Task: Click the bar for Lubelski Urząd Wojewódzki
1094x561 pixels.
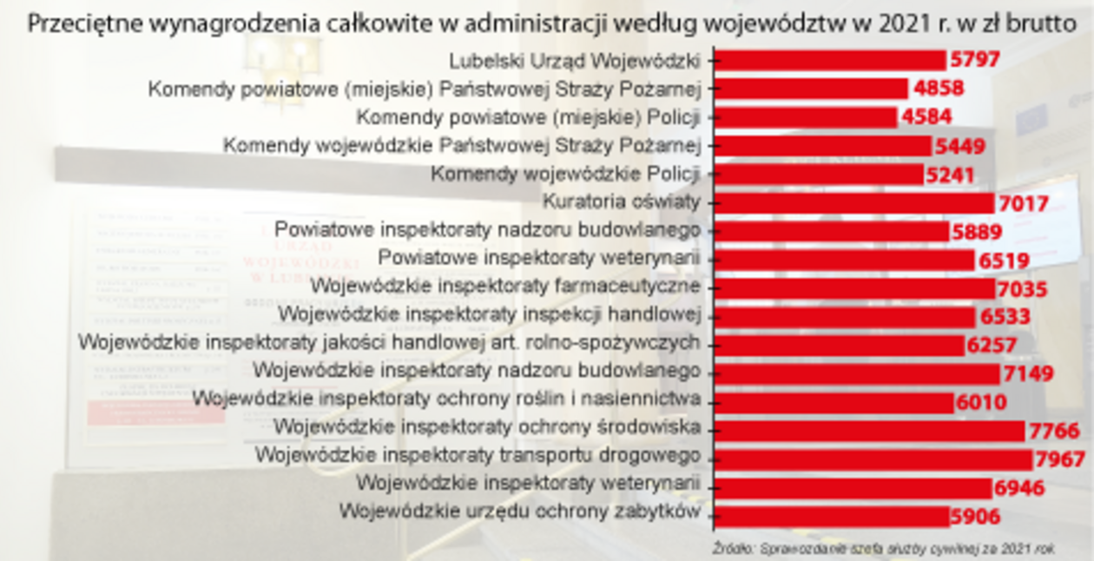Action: pos(830,60)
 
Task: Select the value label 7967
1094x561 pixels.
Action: pos(1059,459)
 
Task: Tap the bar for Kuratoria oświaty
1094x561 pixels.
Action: pos(854,202)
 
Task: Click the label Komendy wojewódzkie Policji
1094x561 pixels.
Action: pos(565,175)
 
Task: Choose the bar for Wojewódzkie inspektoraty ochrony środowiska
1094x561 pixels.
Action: pos(870,430)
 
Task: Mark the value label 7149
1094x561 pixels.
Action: pos(1027,373)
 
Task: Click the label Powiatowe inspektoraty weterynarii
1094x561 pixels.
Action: pos(539,259)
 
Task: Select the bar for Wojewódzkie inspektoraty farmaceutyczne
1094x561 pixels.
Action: pos(855,287)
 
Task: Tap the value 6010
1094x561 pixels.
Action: pos(981,402)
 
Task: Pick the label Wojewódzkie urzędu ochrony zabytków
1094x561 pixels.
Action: pos(519,511)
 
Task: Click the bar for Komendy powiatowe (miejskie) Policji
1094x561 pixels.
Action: pos(806,117)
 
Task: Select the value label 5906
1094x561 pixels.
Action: pos(975,516)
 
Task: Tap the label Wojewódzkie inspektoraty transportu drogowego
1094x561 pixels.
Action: pos(478,455)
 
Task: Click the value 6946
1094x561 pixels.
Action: pos(1019,487)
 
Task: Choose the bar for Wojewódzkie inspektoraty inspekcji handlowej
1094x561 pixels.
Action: pos(846,316)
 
